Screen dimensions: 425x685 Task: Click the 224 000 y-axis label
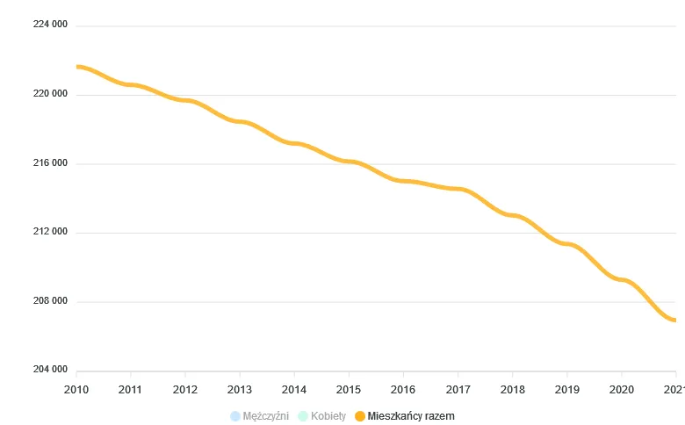tap(50, 25)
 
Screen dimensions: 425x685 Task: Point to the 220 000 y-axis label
tap(50, 94)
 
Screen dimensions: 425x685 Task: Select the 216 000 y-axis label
tap(50, 163)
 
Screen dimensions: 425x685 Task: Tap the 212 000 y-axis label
tap(50, 232)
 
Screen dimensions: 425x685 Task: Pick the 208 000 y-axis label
tap(50, 301)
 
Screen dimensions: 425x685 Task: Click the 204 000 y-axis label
tap(50, 370)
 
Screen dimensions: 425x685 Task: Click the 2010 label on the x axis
tap(76, 389)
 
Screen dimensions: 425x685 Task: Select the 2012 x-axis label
tap(185, 389)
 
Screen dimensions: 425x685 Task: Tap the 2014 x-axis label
tap(294, 389)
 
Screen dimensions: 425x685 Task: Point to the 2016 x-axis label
tap(403, 389)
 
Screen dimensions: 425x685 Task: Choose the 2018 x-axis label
tap(512, 389)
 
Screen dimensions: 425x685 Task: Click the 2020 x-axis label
tap(621, 389)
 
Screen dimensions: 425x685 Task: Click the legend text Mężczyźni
tap(266, 416)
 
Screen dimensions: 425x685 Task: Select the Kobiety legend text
tap(329, 416)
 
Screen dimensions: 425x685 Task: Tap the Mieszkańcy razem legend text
tap(412, 416)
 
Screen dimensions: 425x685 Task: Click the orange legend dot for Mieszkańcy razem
tap(359, 416)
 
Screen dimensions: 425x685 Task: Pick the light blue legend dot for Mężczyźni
tap(234, 416)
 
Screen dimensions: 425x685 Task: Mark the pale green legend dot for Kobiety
tap(303, 416)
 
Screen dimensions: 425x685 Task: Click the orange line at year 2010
tap(77, 67)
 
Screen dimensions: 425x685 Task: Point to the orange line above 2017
tap(458, 189)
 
